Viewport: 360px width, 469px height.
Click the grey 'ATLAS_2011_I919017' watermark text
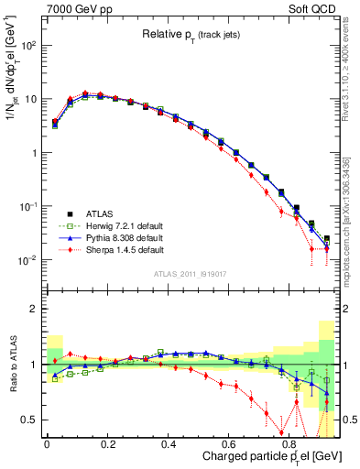click(x=191, y=272)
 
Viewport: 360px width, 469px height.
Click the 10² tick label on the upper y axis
click(x=26, y=45)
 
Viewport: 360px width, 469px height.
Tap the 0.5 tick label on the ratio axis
click(x=27, y=420)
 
